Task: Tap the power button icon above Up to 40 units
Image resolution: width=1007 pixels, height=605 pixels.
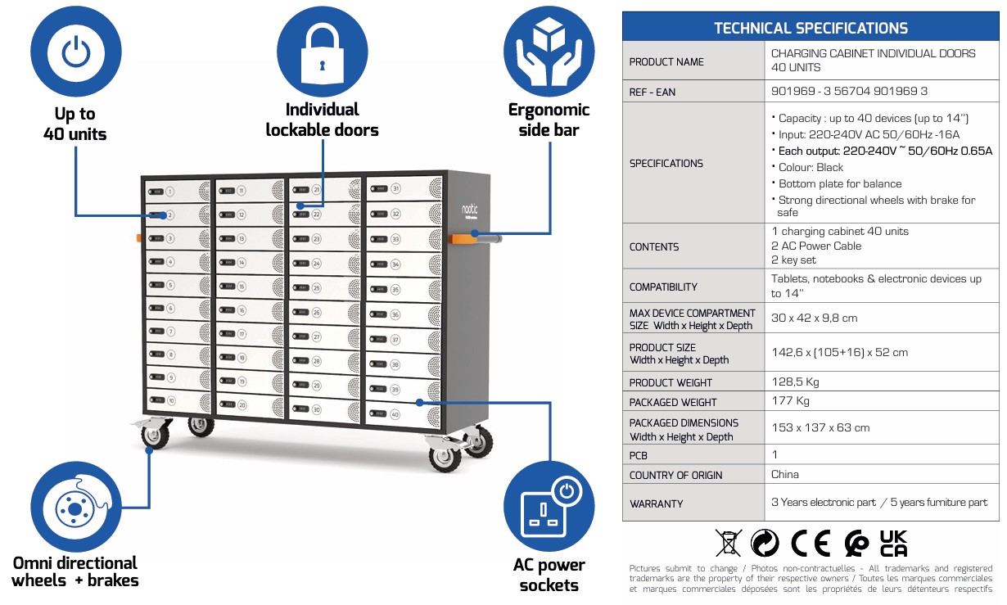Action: (75, 52)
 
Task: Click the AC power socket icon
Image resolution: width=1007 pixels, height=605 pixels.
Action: (549, 507)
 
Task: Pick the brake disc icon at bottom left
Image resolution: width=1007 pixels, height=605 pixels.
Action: (75, 507)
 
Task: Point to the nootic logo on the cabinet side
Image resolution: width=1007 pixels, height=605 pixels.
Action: (470, 210)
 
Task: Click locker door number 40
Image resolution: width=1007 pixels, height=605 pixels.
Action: (404, 414)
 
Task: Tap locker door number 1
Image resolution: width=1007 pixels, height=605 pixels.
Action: (178, 192)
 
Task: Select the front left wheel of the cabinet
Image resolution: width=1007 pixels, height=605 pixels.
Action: (155, 435)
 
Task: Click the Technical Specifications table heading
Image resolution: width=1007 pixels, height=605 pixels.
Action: (811, 29)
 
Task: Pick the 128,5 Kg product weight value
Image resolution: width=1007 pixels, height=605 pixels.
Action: (795, 382)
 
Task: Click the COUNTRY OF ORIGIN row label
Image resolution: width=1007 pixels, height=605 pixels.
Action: (675, 475)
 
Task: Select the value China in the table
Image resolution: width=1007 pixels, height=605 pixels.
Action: (785, 474)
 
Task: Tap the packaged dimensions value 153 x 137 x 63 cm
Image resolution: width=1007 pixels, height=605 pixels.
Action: (820, 427)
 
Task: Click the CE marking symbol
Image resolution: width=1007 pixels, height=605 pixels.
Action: (811, 543)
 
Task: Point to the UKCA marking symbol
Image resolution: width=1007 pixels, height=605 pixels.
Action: (893, 543)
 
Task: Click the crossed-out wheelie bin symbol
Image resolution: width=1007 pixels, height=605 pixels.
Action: (729, 543)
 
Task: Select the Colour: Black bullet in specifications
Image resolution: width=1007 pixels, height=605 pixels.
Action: (807, 167)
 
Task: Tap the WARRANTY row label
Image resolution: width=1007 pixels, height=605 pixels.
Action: (656, 503)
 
